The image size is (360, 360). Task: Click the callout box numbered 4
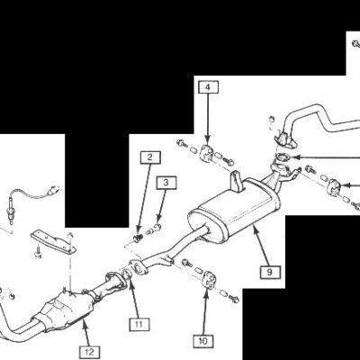point(208,87)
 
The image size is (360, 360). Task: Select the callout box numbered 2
point(150,157)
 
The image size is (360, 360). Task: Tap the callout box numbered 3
point(166,182)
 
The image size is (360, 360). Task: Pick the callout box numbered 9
point(270,272)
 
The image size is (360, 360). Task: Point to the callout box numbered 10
point(203,341)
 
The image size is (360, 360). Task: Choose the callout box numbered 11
point(139,324)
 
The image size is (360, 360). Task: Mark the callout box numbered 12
point(90,352)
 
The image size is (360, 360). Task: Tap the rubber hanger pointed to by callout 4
point(206,152)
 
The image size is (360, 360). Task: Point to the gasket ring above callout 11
point(127,274)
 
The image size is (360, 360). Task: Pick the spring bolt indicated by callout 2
point(137,238)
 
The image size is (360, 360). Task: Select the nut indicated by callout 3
point(157,228)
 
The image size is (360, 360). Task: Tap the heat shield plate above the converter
point(54,241)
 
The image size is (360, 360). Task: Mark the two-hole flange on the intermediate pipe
point(138,267)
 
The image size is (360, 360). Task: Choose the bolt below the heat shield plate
point(38,251)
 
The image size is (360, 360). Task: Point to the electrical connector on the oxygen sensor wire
point(52,191)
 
